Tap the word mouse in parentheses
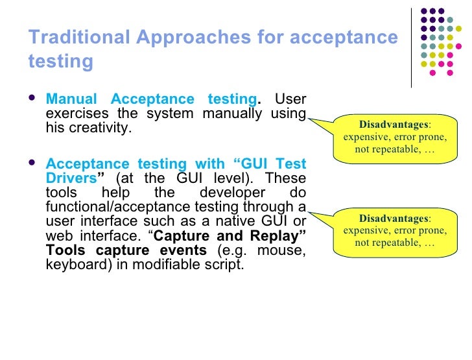pyautogui.click(x=284, y=250)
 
